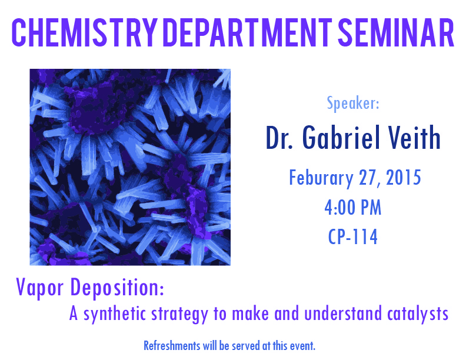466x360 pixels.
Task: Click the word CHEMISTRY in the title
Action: [x=84, y=33]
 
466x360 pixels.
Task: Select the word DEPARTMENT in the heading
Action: [x=248, y=33]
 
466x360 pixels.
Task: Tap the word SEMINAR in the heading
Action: [x=396, y=33]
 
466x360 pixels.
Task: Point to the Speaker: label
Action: [x=353, y=103]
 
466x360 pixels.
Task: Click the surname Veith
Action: [x=414, y=137]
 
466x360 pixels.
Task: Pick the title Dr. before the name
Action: [x=279, y=137]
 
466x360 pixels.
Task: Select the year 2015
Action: [x=403, y=177]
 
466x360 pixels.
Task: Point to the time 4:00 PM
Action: [x=353, y=207]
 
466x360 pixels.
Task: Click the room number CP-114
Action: [x=353, y=236]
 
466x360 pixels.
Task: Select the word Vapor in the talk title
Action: [x=40, y=288]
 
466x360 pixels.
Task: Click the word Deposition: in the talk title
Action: [x=117, y=288]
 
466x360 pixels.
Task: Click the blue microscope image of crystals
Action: [x=130, y=167]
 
